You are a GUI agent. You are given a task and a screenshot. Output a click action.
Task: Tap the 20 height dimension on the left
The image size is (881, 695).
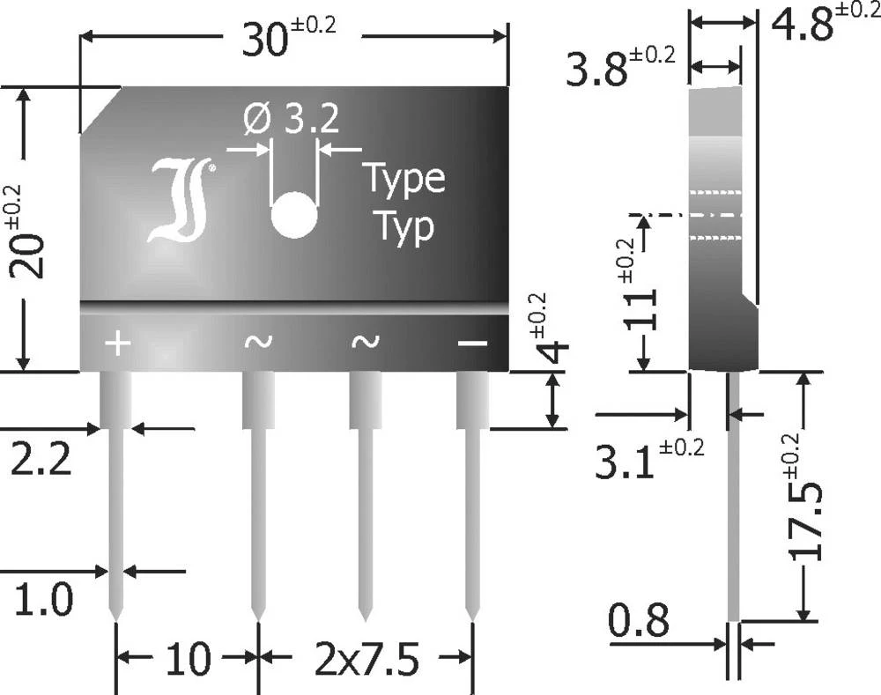click(33, 232)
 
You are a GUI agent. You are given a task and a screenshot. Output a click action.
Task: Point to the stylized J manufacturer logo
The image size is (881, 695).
click(182, 201)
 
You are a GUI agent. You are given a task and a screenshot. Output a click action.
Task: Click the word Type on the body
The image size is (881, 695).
click(403, 181)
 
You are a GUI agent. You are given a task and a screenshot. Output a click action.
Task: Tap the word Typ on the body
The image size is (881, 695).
click(403, 226)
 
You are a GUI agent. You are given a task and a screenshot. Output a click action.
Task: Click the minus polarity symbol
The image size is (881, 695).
click(472, 342)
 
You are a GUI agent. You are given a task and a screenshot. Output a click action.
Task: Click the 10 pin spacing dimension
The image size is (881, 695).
click(187, 659)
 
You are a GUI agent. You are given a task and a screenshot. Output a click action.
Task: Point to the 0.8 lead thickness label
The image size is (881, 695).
click(638, 623)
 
